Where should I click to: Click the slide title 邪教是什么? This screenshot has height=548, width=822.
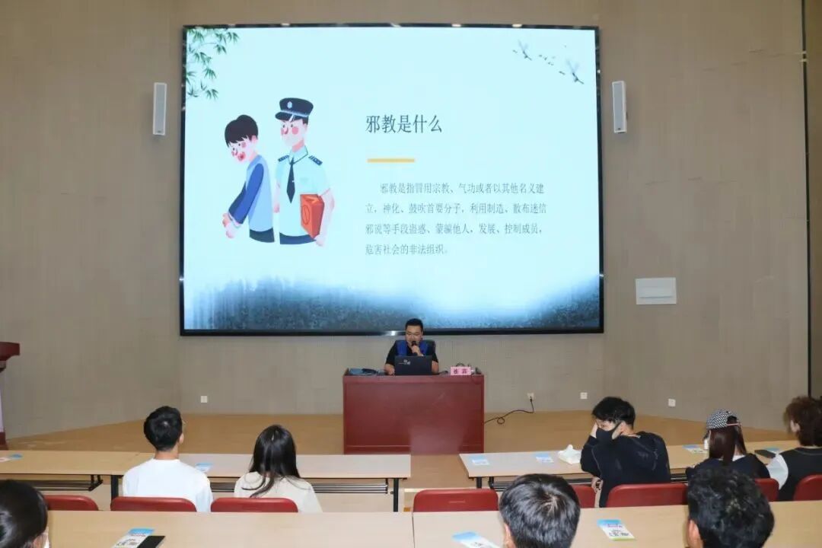403,124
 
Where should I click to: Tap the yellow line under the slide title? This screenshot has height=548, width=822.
390,160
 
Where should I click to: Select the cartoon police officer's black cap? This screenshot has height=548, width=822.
295,109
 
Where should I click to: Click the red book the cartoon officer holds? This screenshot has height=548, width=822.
312,215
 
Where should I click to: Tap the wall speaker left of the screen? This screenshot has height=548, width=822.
159,108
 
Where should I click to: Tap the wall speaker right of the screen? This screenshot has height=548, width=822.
619,107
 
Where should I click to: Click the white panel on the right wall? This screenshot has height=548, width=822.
655,290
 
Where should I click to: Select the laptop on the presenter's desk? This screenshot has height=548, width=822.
413,365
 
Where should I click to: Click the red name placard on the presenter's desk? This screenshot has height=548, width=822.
460,371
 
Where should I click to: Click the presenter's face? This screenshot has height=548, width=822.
414,333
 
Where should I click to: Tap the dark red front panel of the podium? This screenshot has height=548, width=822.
413,415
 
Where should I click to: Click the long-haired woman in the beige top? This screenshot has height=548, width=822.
276,468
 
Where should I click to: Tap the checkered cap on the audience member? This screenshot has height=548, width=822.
721,419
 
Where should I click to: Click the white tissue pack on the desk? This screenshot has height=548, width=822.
569,454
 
